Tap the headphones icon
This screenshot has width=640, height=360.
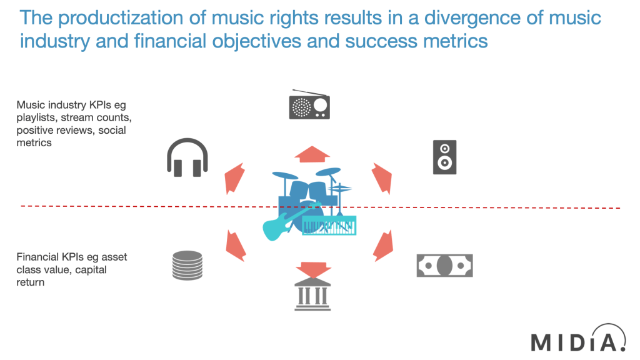(187, 157)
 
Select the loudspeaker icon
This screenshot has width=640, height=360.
(444, 157)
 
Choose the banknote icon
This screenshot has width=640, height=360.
(445, 265)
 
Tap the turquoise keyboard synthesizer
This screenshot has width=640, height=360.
(329, 226)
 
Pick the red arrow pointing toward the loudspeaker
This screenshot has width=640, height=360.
(381, 177)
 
